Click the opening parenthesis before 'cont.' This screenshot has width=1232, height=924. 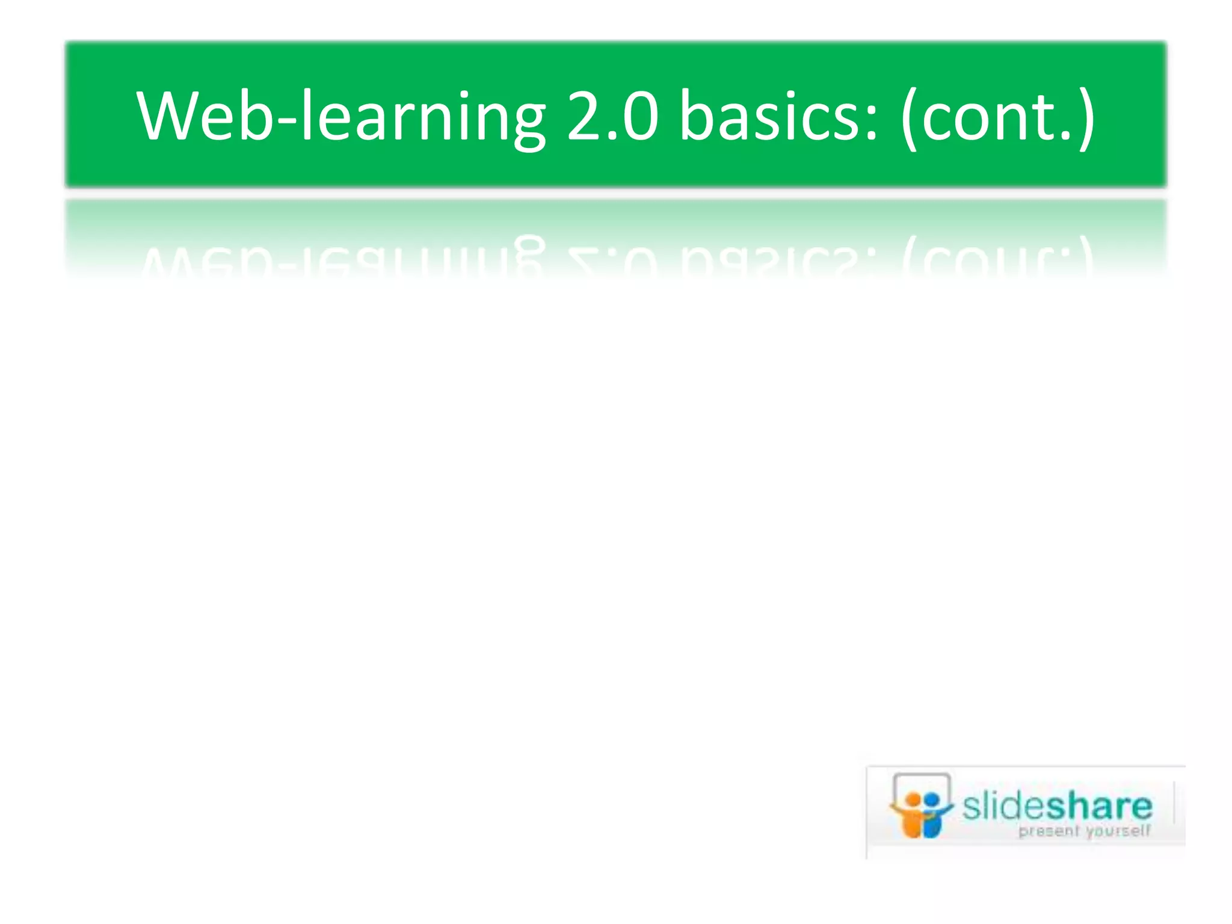click(x=910, y=117)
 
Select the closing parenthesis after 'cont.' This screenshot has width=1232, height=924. click(x=1086, y=117)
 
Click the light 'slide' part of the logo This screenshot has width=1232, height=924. click(x=1004, y=806)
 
